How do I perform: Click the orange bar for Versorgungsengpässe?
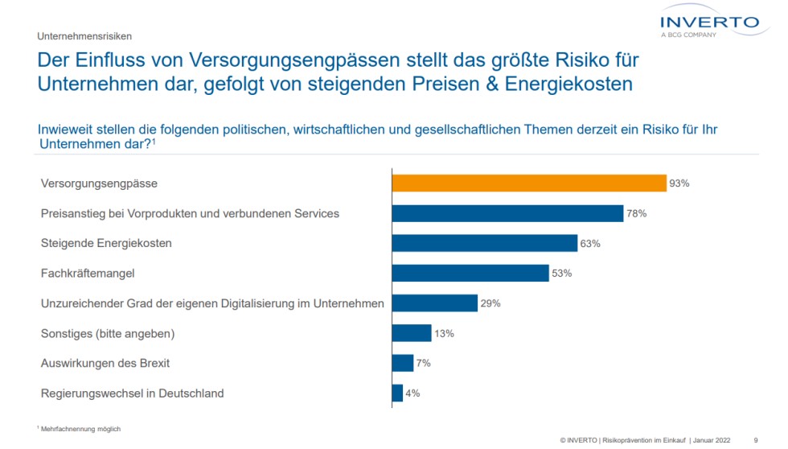click(x=528, y=183)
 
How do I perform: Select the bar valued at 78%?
click(x=507, y=213)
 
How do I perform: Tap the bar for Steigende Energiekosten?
click(x=484, y=243)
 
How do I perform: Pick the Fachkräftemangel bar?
click(x=470, y=273)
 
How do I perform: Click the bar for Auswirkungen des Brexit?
click(x=402, y=363)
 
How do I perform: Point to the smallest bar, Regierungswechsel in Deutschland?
click(x=397, y=393)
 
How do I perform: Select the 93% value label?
click(x=679, y=183)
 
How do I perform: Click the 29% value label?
click(x=491, y=303)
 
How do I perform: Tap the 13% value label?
click(x=445, y=333)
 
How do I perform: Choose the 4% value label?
click(x=413, y=393)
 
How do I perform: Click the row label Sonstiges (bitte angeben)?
click(x=108, y=333)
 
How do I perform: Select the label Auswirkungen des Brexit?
click(x=105, y=363)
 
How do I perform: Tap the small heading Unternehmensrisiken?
click(x=84, y=36)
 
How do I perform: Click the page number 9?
click(x=755, y=440)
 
